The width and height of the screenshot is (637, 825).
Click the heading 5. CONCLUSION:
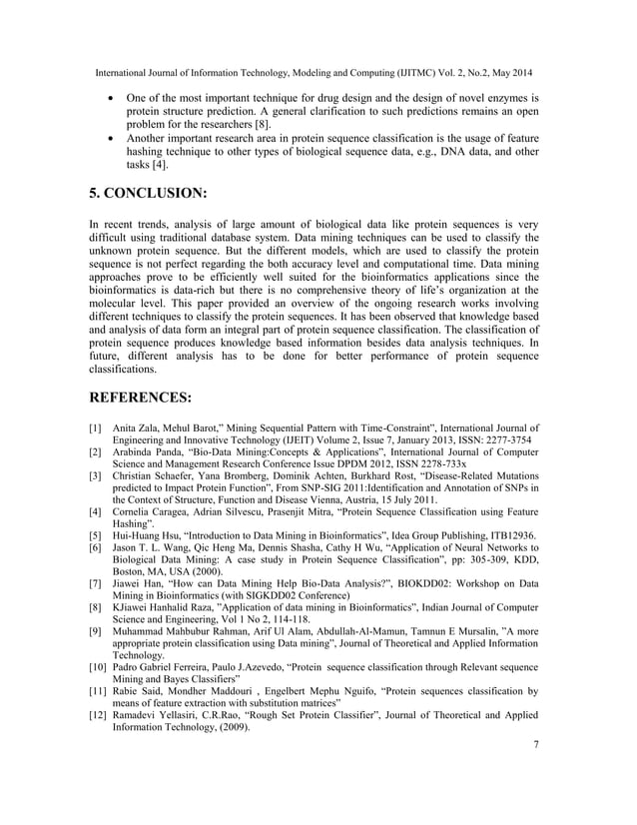coord(166,193)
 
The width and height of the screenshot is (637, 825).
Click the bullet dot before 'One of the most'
coord(110,99)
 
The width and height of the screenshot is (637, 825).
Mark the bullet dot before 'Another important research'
coord(110,139)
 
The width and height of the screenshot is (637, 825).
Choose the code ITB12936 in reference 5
coord(507,536)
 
